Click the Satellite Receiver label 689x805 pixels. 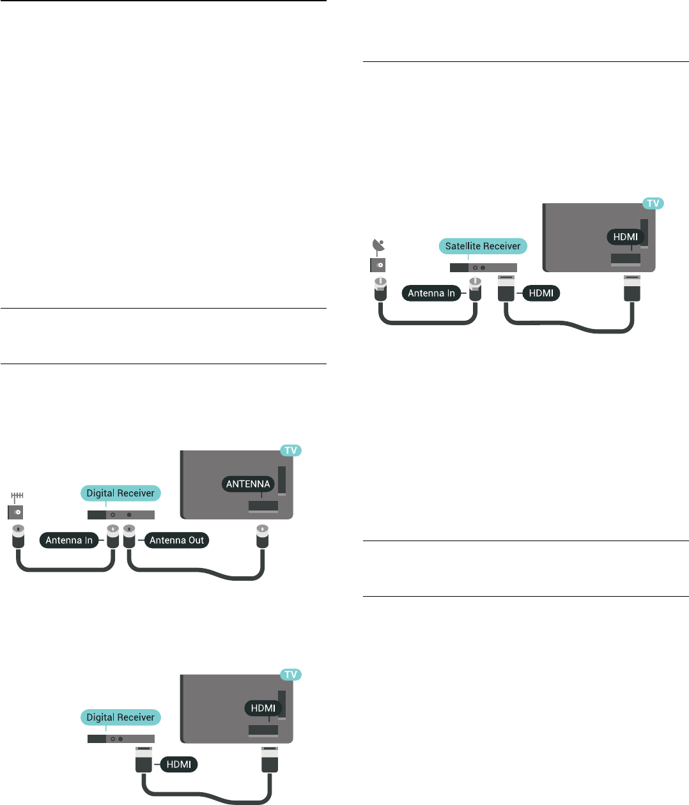[483, 246]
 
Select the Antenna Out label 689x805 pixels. [176, 540]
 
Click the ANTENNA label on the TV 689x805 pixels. [248, 484]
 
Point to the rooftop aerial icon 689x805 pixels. [17, 496]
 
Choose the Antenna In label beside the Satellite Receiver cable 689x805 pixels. [431, 293]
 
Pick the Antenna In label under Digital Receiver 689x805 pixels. [69, 540]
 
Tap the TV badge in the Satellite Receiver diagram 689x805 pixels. [653, 203]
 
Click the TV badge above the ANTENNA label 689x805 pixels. [291, 450]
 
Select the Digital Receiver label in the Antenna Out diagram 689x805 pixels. [120, 493]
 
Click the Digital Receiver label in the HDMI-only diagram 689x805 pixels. [120, 717]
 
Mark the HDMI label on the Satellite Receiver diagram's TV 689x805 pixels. [625, 236]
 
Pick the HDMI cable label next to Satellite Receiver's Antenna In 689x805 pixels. [541, 293]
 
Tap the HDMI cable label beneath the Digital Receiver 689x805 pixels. [179, 764]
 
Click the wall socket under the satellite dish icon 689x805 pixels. [378, 264]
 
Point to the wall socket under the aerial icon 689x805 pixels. [16, 512]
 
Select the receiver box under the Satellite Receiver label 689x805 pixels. [483, 268]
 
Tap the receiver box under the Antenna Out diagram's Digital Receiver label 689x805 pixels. [121, 514]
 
